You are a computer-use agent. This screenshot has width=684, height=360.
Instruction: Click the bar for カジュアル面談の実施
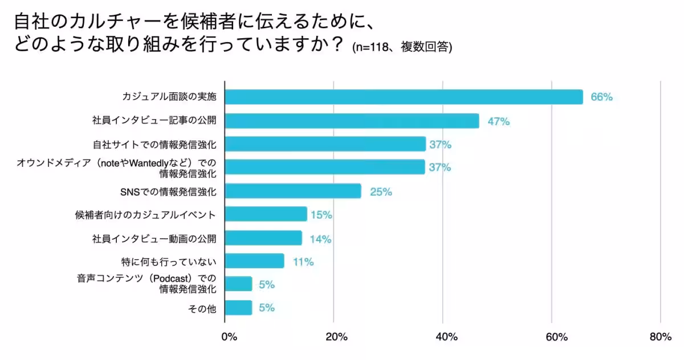(x=404, y=97)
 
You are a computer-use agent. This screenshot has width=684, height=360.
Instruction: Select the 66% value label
(x=601, y=97)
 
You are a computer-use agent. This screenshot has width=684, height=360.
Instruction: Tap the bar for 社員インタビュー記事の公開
(x=352, y=121)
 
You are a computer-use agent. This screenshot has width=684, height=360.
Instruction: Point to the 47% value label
(x=498, y=121)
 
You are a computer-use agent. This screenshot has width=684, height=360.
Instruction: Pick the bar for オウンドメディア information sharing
(x=325, y=167)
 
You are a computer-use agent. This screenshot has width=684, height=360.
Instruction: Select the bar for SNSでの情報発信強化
(x=293, y=191)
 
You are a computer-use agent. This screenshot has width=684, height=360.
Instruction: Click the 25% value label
(x=381, y=192)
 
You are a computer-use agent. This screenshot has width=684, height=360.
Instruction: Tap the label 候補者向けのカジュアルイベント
(x=146, y=215)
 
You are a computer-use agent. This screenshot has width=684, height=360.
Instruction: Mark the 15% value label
(x=321, y=215)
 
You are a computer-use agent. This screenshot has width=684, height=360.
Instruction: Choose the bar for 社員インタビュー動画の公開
(x=263, y=238)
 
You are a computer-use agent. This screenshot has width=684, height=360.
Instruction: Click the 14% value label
(x=320, y=239)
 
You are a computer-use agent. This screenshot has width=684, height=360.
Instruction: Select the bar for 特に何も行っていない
(x=254, y=261)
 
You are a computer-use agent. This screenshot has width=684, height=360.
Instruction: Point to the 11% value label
(x=303, y=262)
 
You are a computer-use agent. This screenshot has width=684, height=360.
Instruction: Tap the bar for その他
(x=238, y=308)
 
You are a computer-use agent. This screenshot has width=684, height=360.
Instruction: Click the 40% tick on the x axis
(x=446, y=337)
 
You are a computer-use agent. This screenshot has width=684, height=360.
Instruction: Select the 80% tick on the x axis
(x=660, y=337)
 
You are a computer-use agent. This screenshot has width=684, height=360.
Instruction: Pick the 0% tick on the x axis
(x=229, y=337)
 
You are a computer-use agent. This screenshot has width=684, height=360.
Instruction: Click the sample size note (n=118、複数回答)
(x=402, y=47)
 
